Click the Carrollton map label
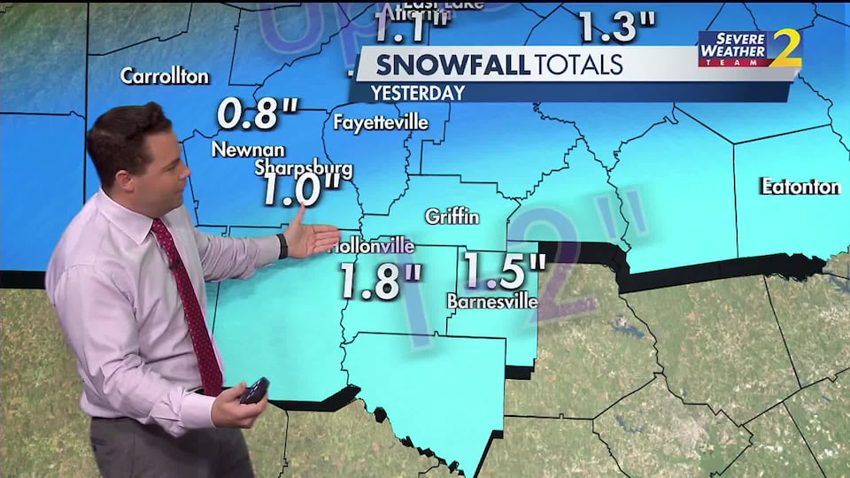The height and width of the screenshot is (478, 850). tap(165, 76)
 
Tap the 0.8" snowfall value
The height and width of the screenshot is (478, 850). tap(258, 113)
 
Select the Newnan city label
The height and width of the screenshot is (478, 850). tap(248, 150)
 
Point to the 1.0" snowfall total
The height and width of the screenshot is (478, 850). tap(301, 189)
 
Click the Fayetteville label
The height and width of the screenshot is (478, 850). tap(381, 122)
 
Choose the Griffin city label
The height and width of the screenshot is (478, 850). tap(452, 216)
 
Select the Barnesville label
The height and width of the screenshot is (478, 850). tap(492, 302)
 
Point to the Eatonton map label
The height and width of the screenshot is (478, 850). tap(800, 187)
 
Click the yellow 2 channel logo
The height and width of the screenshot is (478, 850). tap(785, 48)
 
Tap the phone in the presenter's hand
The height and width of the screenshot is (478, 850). tap(254, 389)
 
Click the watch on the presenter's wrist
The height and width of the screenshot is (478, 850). tap(282, 245)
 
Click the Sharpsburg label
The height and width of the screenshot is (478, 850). tap(304, 167)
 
